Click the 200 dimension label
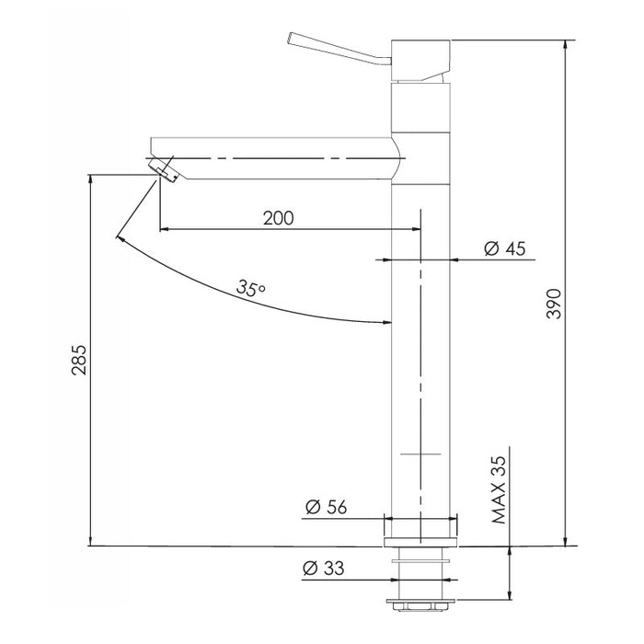click(x=278, y=218)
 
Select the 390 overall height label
click(x=555, y=304)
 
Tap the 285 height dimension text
click(x=79, y=360)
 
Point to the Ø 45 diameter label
click(x=505, y=248)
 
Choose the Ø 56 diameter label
click(x=327, y=507)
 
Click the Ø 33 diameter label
click(x=323, y=569)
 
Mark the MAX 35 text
click(x=500, y=489)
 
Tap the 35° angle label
click(x=250, y=288)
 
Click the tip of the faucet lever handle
click(x=290, y=38)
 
